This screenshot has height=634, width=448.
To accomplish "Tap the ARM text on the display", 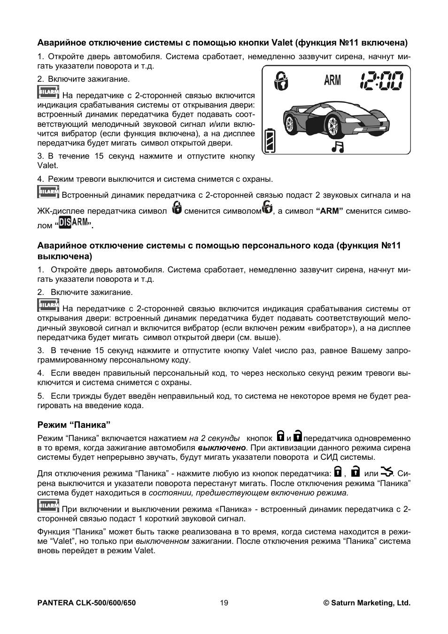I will [332, 81].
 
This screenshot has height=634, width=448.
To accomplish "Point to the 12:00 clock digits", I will [381, 81].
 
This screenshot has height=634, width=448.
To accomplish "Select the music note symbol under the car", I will [337, 147].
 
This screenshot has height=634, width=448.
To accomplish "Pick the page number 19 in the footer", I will [224, 603].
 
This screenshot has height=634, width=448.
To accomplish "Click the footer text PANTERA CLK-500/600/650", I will [86, 603].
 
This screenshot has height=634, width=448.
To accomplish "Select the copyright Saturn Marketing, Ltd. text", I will [367, 603].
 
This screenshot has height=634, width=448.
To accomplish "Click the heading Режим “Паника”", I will [74, 425].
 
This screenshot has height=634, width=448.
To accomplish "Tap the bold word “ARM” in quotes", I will [330, 211].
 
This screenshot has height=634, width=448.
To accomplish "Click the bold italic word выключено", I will [222, 448].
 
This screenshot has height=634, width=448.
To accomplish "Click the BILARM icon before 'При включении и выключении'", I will [48, 506].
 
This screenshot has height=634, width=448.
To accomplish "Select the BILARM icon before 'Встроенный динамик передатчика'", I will [48, 192].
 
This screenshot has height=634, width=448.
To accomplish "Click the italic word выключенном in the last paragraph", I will [162, 541].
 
